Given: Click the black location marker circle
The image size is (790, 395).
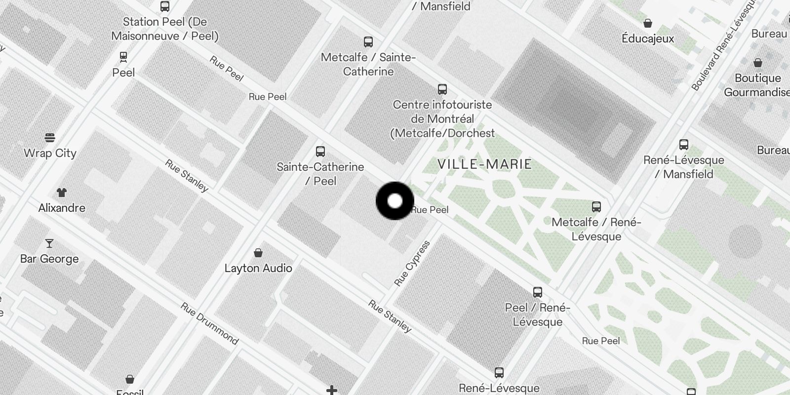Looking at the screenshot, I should pos(395,201).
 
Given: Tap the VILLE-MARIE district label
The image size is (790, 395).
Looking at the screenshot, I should pos(484,164).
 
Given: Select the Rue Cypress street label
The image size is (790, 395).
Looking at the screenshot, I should pos(412,263).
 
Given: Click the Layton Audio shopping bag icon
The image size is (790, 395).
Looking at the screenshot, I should pos(258,253).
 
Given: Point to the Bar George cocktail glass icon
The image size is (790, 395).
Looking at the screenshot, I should pos(49,243).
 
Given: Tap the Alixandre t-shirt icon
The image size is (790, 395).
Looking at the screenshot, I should pos(61,192).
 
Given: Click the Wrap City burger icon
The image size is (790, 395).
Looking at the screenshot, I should pos(50,137).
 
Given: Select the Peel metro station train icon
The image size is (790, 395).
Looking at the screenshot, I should pos(123,57).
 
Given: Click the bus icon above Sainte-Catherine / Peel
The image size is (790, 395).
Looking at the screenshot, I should pos(320,151).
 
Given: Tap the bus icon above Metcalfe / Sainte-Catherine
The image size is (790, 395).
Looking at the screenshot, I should pos(368,41).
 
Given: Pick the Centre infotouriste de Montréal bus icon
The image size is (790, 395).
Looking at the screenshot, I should pos(442,89).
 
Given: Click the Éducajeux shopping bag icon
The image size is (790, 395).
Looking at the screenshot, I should pos(648,23).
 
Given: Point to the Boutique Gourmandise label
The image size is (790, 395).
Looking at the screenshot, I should pos(757,85).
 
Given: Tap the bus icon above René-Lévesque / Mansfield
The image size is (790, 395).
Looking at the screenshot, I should pos(684,145).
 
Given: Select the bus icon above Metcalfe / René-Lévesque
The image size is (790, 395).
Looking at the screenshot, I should pos(596,206).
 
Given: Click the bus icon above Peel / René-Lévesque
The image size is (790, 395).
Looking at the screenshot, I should pos(537,292).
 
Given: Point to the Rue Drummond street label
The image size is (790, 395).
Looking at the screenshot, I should pos(209,323).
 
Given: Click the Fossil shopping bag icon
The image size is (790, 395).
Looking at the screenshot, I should pos(129,379).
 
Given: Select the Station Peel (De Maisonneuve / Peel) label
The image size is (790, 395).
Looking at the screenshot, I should pos(165,29).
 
